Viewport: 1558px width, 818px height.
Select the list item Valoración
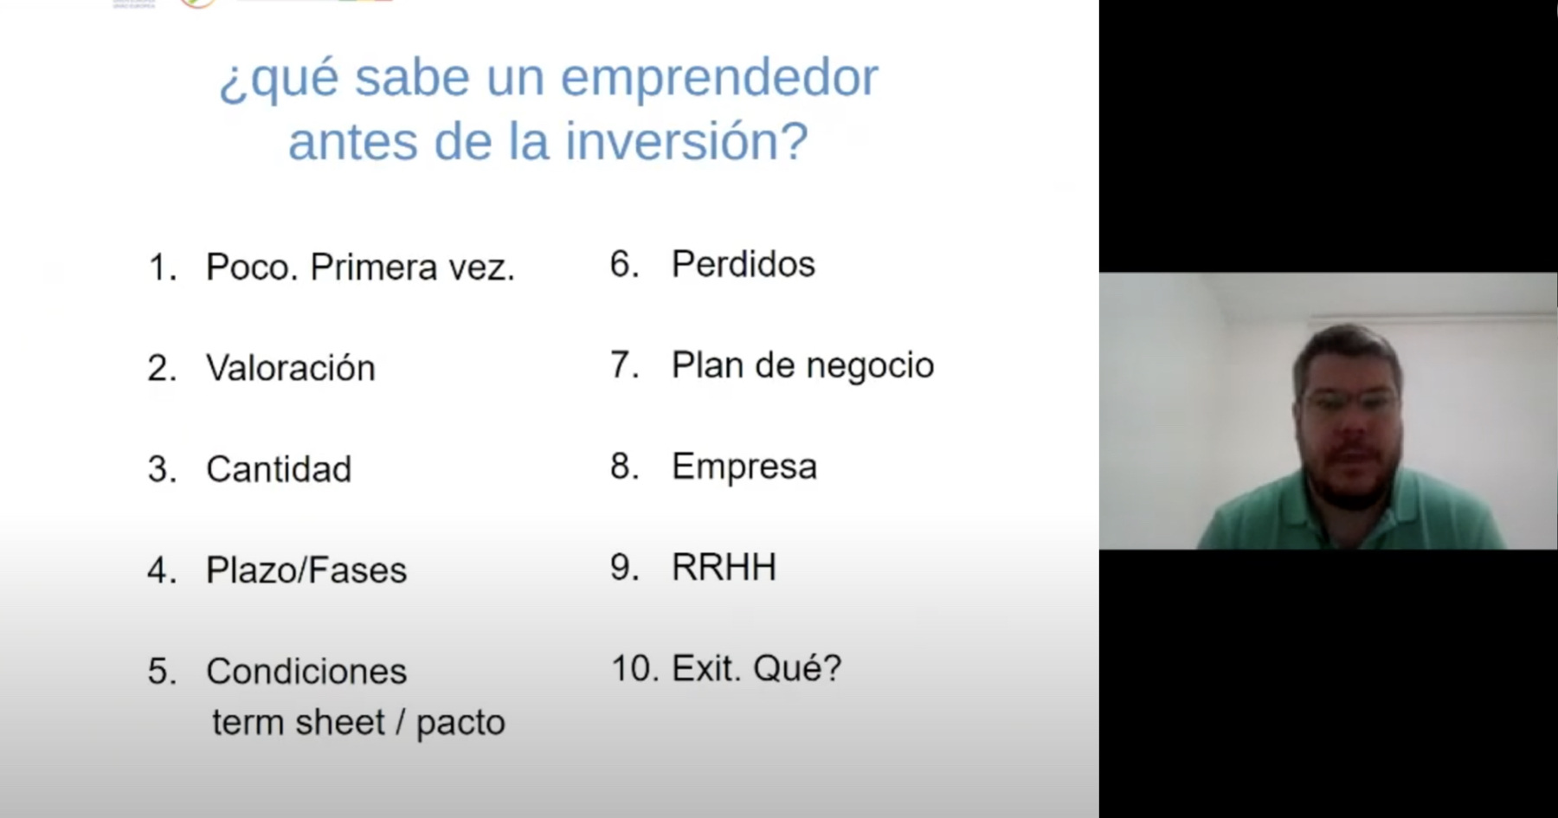(x=291, y=368)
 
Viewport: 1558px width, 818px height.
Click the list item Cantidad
(x=279, y=469)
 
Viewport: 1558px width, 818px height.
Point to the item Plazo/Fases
(x=306, y=570)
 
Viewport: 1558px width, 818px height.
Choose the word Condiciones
(x=306, y=672)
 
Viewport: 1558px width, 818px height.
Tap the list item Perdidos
(x=744, y=264)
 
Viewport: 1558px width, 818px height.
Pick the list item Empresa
(x=744, y=467)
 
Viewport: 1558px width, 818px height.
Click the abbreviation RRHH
(x=724, y=568)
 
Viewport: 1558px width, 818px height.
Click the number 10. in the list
(x=636, y=668)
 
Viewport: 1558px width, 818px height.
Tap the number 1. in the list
(x=163, y=267)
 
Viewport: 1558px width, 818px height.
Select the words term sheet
(x=298, y=722)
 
